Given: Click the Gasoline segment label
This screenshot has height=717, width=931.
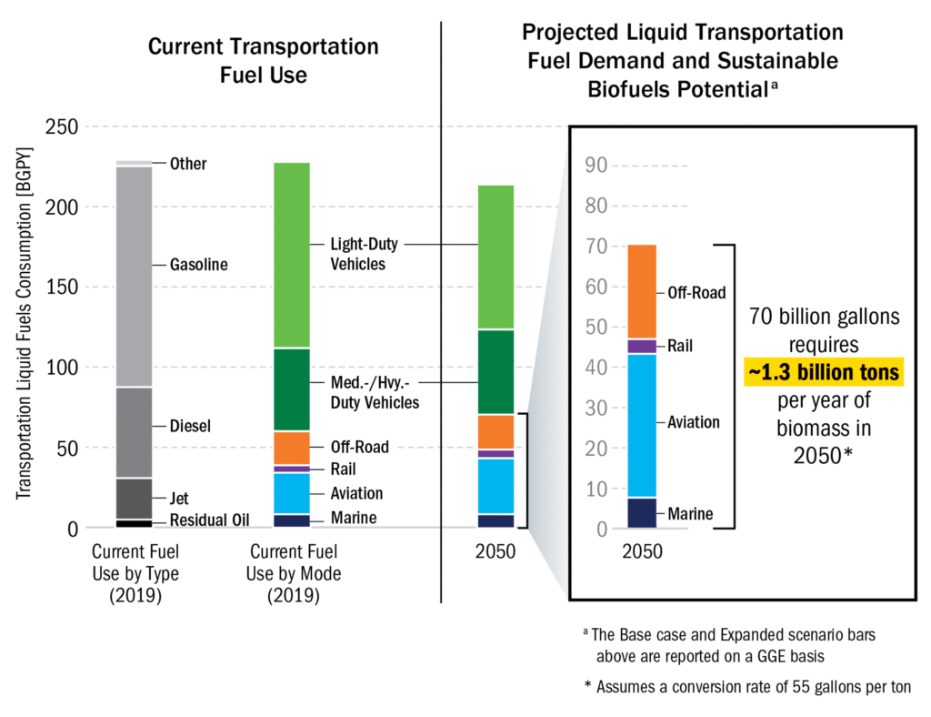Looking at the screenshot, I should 198,265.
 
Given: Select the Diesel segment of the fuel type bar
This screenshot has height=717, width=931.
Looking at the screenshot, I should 135,432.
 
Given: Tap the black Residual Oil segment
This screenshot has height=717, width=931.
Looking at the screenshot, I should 135,523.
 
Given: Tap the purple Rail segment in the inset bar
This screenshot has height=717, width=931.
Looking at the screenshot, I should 641,346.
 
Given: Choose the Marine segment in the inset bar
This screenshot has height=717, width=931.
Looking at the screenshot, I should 641,513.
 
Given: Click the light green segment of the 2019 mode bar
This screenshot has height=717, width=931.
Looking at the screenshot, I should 292,255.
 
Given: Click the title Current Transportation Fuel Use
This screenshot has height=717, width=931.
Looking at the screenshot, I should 264,60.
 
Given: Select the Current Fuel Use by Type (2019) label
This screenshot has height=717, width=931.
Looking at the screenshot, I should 135,573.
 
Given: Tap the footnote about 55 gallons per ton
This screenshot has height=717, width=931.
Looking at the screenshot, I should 747,686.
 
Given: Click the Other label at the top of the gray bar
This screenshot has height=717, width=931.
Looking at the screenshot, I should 188,164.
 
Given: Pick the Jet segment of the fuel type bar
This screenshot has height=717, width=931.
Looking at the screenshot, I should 135,499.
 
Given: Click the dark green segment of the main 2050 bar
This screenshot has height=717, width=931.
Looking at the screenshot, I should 496,371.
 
